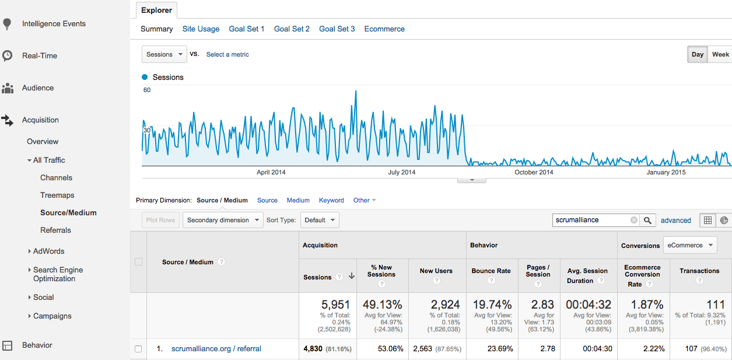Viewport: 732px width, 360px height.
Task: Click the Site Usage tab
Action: [x=201, y=29]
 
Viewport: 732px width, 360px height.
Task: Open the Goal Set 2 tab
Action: [x=292, y=29]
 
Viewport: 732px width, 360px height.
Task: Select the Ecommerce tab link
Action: [x=384, y=29]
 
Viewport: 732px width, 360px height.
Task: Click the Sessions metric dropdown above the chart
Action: [x=164, y=54]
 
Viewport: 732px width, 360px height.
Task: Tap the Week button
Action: [x=720, y=54]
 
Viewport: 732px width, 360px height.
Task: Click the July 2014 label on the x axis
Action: [x=402, y=172]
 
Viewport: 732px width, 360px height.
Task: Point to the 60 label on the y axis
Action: [x=147, y=90]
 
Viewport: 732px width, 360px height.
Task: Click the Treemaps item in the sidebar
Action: [x=57, y=195]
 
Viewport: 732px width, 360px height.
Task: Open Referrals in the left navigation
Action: [x=55, y=230]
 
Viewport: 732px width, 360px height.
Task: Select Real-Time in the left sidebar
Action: [x=40, y=55]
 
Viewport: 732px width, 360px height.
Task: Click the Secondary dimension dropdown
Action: [x=222, y=220]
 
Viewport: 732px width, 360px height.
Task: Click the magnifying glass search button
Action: [x=648, y=220]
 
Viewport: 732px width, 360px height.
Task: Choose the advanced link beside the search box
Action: [x=675, y=221]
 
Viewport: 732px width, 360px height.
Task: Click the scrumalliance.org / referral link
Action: [x=216, y=349]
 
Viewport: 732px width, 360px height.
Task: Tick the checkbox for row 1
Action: [x=138, y=349]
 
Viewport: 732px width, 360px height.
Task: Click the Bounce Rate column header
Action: [x=491, y=271]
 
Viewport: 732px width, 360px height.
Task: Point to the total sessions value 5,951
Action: [x=336, y=305]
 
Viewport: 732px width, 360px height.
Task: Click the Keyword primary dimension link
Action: [x=331, y=200]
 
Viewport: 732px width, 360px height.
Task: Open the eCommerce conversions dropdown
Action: [x=690, y=245]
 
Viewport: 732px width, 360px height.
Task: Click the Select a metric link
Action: [x=227, y=54]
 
